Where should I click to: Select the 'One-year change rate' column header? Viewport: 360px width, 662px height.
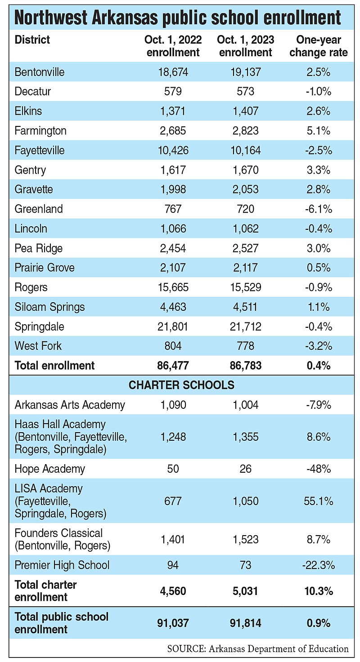tap(318, 46)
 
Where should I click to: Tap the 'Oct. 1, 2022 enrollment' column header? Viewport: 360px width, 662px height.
tap(172, 46)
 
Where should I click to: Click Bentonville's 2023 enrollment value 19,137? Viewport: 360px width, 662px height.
tap(244, 72)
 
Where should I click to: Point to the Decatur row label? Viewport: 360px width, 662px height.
tap(33, 92)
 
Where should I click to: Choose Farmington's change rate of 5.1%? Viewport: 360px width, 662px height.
tap(318, 131)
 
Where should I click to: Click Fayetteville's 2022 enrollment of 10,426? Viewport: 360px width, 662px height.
tap(172, 150)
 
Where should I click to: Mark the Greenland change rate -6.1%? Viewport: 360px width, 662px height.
tap(318, 209)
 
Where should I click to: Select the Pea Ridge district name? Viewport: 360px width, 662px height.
tap(39, 248)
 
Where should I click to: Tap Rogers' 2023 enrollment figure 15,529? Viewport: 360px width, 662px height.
tap(244, 287)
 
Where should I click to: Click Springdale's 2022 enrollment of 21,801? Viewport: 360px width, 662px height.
tap(172, 327)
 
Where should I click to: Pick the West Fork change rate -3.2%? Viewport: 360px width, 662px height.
tap(318, 346)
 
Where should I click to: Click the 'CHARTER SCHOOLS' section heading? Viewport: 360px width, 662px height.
tap(181, 385)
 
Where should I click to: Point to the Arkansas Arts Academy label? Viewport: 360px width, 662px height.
tap(70, 405)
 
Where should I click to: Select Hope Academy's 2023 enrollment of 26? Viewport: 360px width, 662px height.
tap(244, 469)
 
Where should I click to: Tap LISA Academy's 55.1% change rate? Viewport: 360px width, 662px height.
tap(318, 501)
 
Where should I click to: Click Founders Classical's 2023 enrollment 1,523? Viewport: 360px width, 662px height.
tap(244, 539)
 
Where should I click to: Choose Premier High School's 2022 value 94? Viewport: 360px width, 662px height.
tap(172, 565)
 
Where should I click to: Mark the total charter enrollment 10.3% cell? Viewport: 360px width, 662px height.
tap(318, 591)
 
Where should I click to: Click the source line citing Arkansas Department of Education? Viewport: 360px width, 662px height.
tap(257, 649)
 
